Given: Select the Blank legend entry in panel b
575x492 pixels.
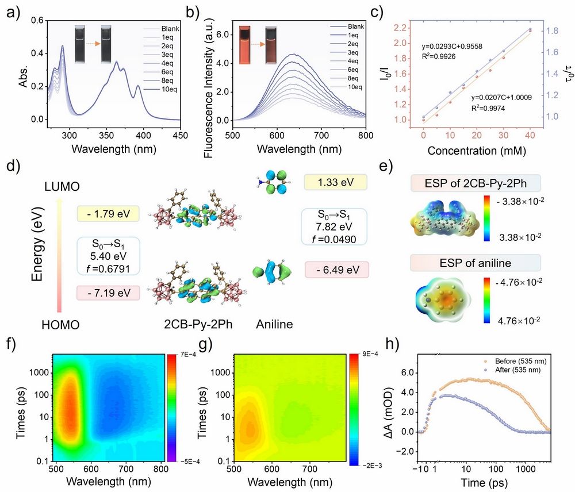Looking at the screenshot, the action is (x=347, y=26).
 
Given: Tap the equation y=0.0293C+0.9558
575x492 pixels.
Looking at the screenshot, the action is (x=452, y=47).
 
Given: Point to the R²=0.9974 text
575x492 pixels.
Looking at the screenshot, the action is (x=488, y=108).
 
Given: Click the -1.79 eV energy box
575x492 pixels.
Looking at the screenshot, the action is (x=108, y=214).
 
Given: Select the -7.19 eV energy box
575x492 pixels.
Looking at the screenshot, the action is (x=108, y=293).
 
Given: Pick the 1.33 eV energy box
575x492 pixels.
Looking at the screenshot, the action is (x=336, y=182).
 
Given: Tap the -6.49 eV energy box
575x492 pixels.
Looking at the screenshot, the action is (x=337, y=270).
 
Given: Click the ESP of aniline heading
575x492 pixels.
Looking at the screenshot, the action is (x=476, y=263).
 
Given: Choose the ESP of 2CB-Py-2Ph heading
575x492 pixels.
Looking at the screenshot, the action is (x=476, y=183).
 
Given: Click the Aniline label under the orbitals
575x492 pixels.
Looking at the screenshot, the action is (x=274, y=324).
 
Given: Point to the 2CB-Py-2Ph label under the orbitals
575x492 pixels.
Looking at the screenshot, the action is (x=198, y=325).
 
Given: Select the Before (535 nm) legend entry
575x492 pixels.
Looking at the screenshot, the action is (x=516, y=361).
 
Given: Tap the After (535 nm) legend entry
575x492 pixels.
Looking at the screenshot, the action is (x=513, y=370).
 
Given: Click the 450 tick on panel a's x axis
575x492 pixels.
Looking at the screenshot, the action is (x=180, y=135).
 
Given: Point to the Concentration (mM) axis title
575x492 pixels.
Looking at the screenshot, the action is (x=477, y=151).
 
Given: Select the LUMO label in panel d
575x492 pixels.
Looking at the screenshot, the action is (x=62, y=187).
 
